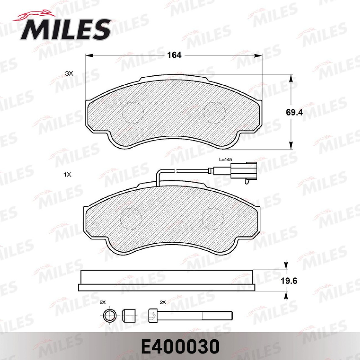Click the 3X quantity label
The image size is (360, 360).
coord(68,73)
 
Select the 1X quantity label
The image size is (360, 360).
coord(68,175)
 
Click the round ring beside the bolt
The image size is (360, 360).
coord(109,316)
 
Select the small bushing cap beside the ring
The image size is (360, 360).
coord(128,316)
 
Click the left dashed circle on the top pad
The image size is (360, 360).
coord(133,111)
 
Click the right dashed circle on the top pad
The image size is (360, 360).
coord(214,111)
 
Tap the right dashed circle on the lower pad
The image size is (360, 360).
coord(213,219)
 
